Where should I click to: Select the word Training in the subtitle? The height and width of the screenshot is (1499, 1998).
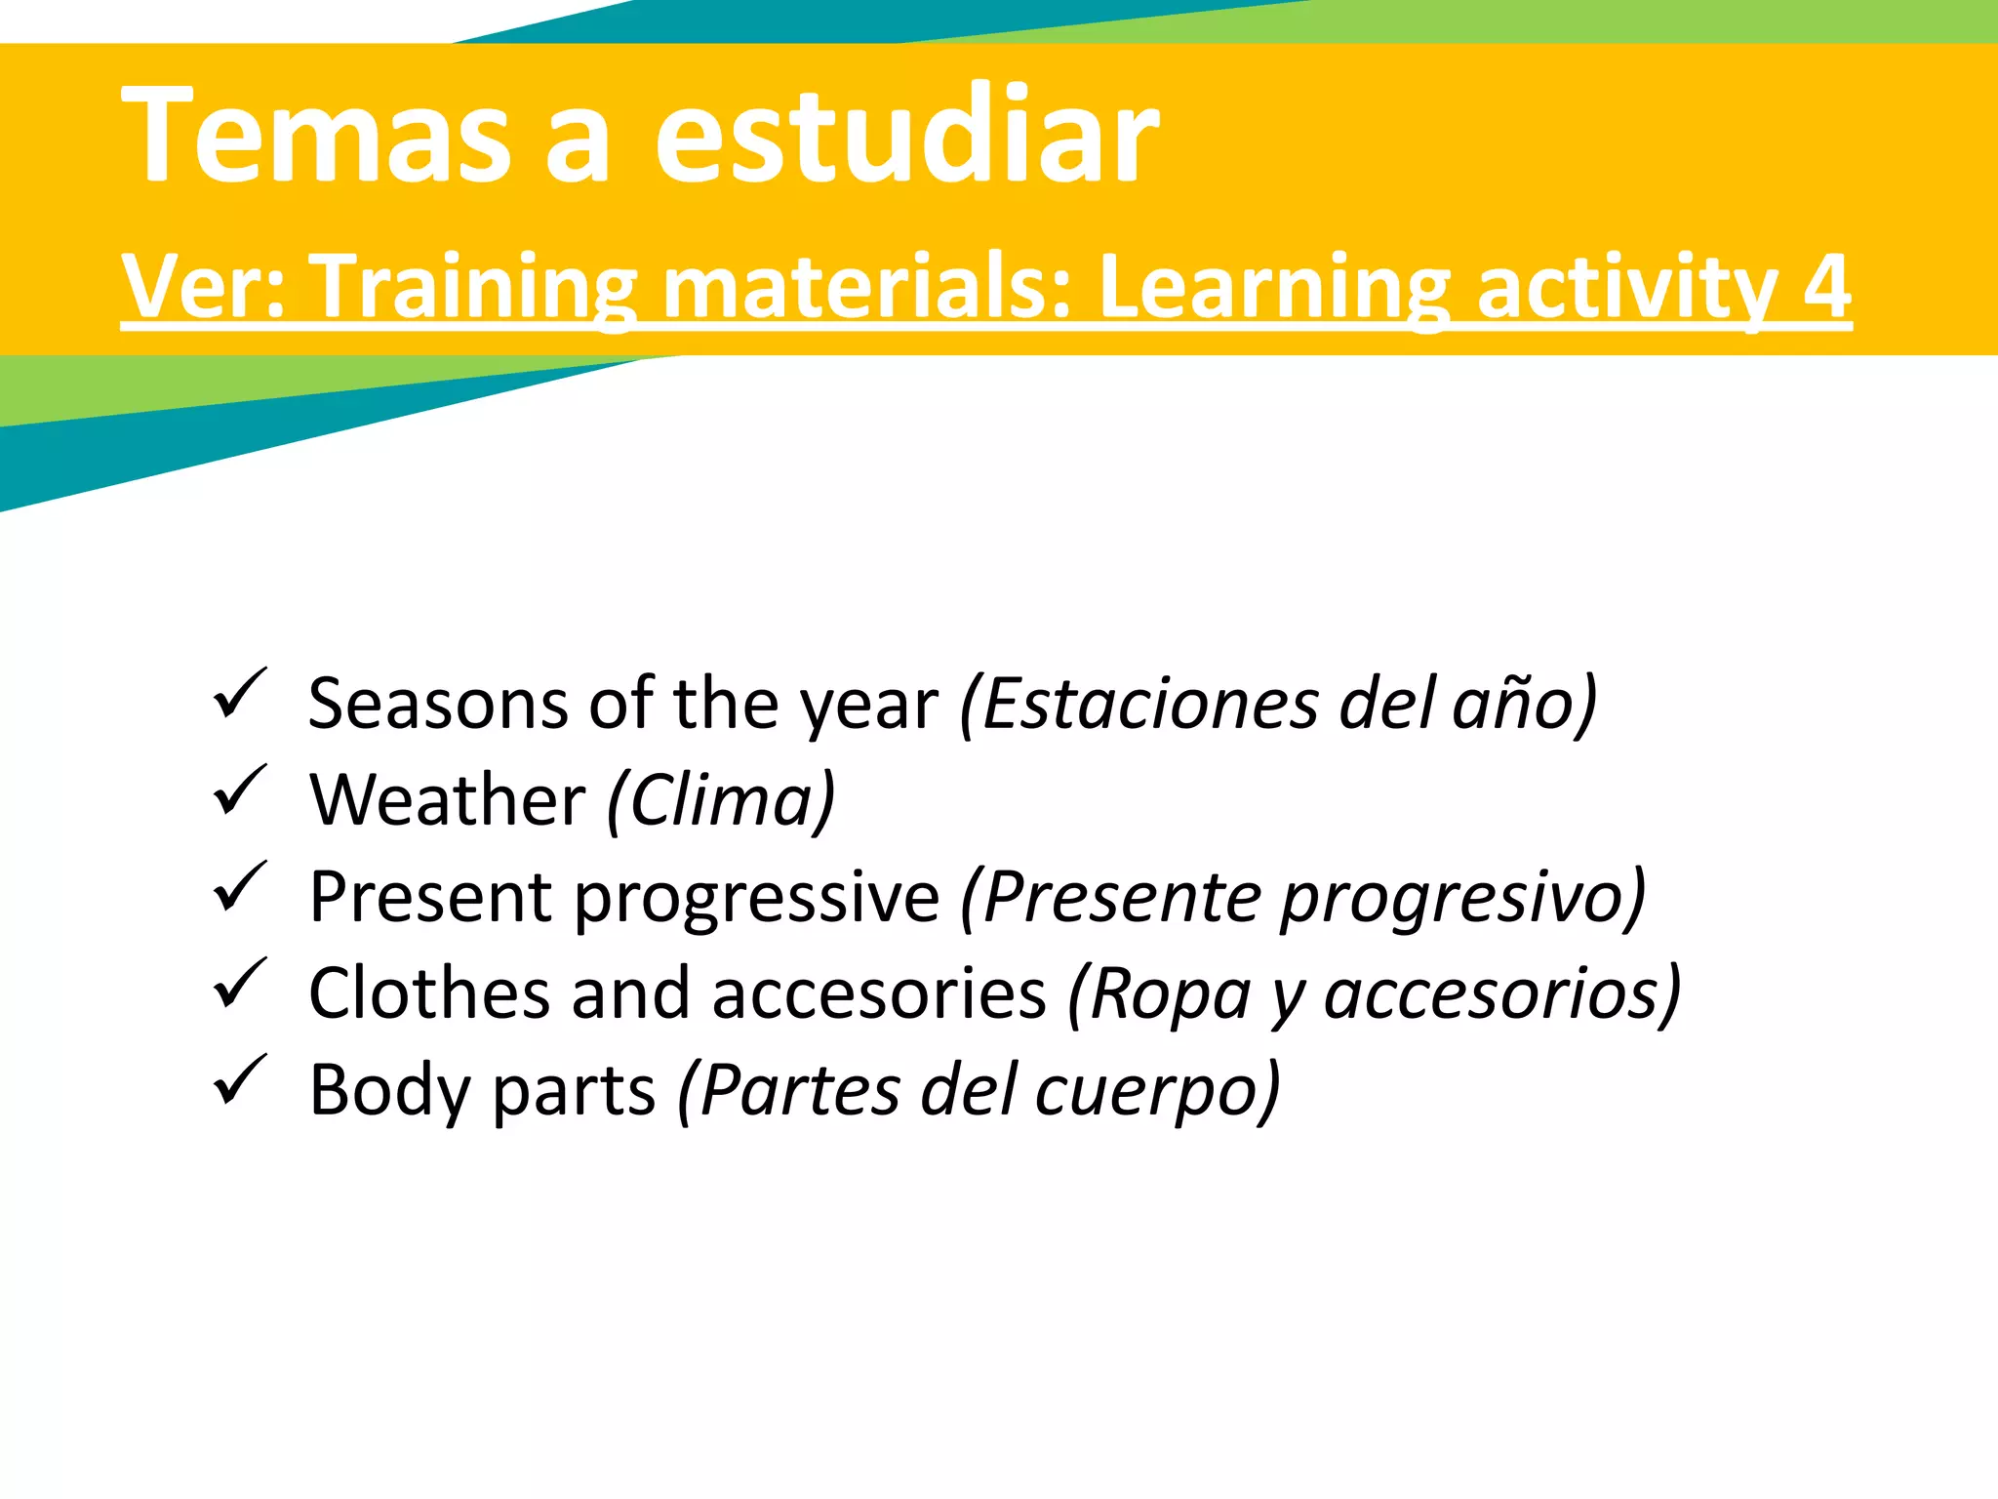[x=478, y=287]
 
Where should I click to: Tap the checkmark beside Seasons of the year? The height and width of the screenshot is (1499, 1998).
[x=238, y=694]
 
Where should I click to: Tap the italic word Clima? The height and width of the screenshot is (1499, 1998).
[x=722, y=800]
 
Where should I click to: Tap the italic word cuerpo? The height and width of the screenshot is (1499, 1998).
[x=1156, y=1091]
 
